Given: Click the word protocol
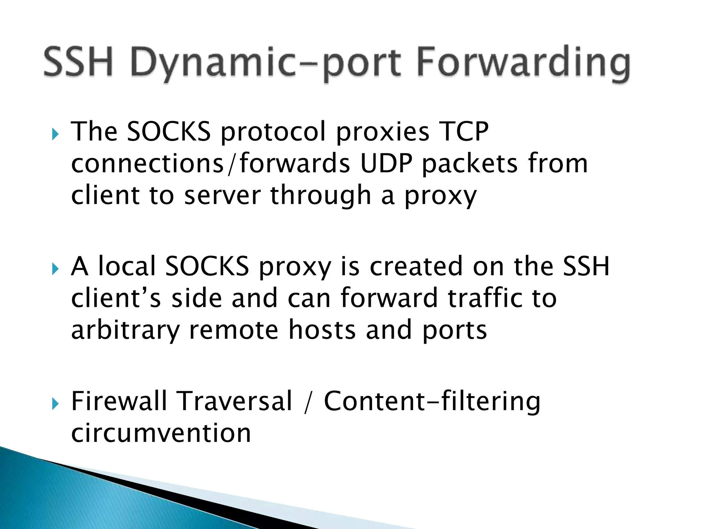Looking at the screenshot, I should (x=273, y=132).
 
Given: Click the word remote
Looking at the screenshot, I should (x=234, y=330).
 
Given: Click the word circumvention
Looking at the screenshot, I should (x=161, y=433).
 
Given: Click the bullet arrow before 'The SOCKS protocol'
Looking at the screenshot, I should (x=55, y=134).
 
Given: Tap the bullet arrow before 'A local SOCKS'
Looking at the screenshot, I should (x=55, y=269).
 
